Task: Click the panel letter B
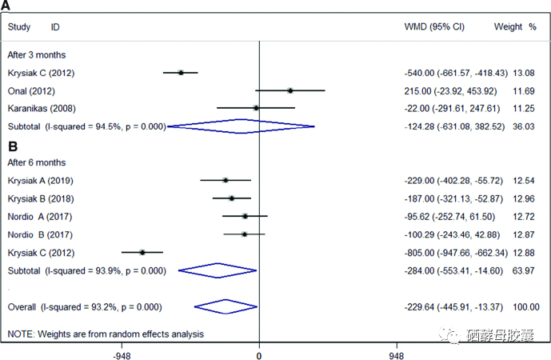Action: click(x=13, y=146)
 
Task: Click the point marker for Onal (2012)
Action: click(x=290, y=90)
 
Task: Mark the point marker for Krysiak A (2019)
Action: click(x=226, y=180)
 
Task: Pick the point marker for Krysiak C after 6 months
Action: click(x=142, y=252)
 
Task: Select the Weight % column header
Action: click(x=515, y=27)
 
